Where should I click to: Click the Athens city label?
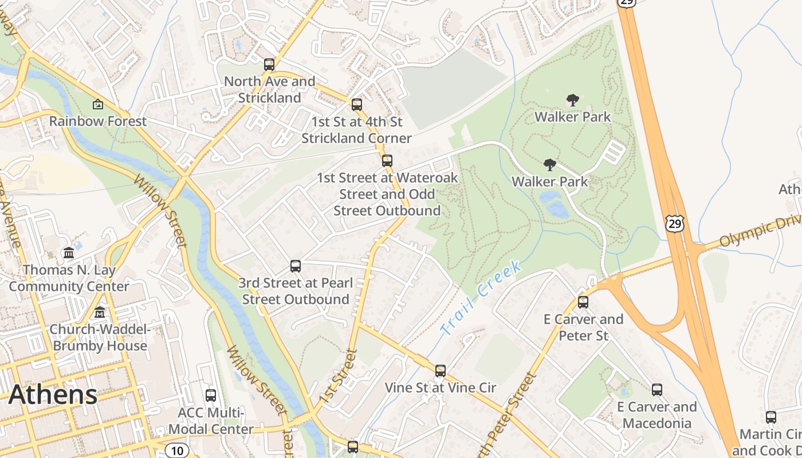[53, 395]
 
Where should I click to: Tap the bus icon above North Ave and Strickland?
[269, 65]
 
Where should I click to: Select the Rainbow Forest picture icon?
[98, 104]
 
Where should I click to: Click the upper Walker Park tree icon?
[572, 100]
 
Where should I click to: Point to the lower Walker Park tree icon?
[550, 165]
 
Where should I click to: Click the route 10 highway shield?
[178, 451]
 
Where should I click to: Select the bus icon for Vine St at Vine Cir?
[440, 371]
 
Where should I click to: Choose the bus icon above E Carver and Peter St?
[583, 302]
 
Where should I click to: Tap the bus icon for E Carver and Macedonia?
[657, 390]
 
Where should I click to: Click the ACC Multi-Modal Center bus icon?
[211, 396]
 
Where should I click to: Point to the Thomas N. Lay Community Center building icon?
[69, 252]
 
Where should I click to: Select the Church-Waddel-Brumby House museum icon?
[100, 313]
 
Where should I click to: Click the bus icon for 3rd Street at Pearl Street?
[296, 266]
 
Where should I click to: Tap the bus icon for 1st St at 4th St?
[357, 105]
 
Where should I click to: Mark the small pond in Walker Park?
[553, 204]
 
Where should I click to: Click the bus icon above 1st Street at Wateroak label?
[387, 161]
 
